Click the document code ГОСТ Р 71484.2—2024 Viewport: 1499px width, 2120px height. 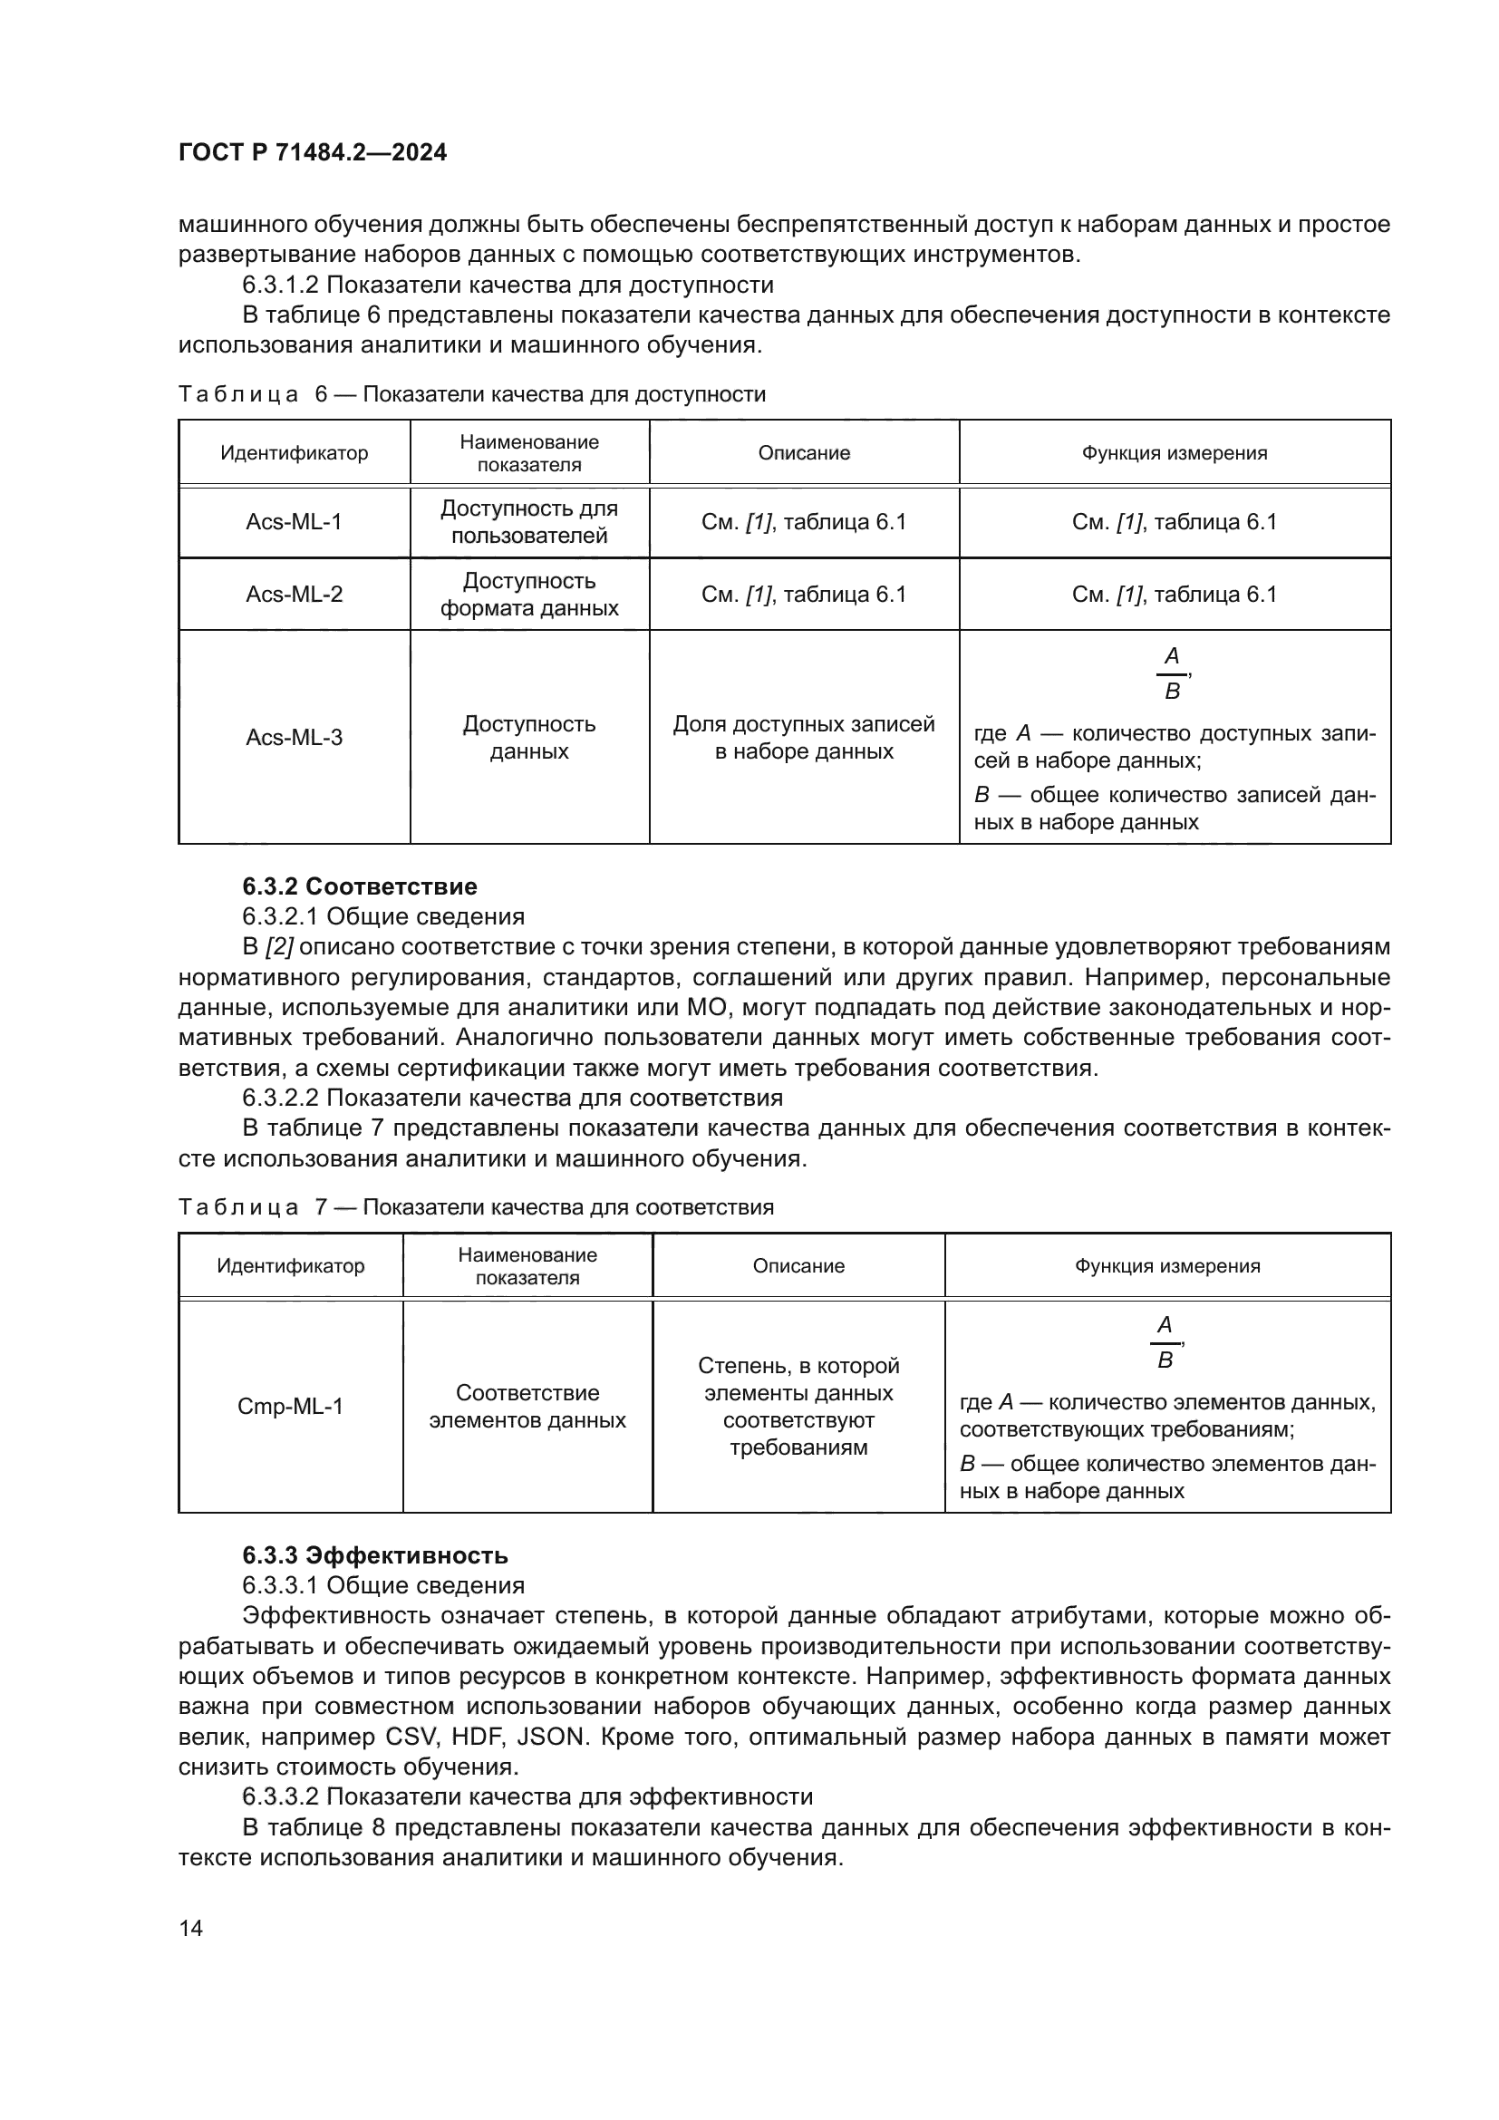coord(312,152)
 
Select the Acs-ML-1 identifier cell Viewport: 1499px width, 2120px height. coord(294,522)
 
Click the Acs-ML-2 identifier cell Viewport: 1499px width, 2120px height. coord(294,594)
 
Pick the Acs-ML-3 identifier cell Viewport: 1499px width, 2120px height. coord(294,737)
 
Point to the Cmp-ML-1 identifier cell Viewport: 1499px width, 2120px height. coord(290,1407)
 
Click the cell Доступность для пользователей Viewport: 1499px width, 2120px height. coord(529,522)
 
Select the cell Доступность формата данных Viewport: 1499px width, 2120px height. coord(529,594)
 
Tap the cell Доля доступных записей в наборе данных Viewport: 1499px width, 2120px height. coord(803,737)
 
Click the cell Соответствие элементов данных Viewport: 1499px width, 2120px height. coord(527,1407)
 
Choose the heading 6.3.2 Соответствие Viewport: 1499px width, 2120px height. coord(360,886)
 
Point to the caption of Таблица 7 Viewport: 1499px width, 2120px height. coord(476,1206)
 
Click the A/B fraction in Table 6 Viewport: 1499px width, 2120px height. coord(1171,674)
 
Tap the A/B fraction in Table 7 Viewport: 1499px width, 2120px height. coord(1165,1342)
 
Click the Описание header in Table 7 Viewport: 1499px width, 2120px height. coord(798,1265)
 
